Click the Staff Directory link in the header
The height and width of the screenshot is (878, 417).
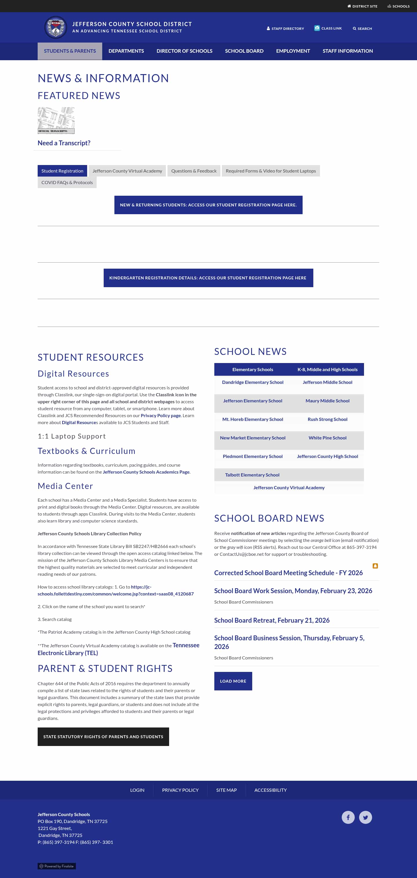286,29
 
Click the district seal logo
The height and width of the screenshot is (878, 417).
56,27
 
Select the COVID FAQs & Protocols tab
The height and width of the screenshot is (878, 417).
67,183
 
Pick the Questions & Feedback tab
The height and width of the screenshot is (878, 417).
194,171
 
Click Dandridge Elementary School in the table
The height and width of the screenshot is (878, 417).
252,382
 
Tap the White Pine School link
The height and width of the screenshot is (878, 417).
327,438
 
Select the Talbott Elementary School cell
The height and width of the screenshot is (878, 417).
252,475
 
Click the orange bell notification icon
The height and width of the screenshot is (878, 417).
375,566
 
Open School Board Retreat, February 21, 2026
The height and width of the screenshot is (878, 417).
272,620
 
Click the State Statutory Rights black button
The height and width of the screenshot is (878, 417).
103,736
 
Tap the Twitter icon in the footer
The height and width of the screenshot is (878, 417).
365,817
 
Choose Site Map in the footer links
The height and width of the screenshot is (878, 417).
226,790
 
